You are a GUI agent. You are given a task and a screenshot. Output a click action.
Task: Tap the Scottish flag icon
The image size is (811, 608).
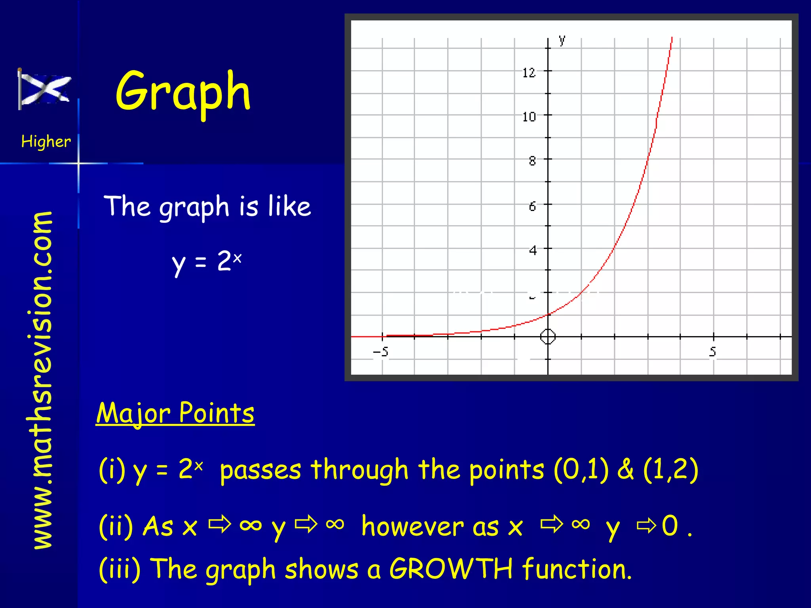(44, 89)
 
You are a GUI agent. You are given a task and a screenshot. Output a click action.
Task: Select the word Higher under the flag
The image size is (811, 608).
(46, 141)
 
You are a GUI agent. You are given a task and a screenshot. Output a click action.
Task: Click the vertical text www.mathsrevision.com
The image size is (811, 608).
(43, 380)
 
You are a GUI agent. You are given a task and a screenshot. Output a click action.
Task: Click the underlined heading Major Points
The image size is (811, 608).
(175, 413)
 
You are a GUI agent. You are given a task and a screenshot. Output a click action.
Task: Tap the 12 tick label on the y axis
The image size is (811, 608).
(529, 73)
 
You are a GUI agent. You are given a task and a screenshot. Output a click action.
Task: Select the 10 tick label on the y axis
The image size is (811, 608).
(529, 117)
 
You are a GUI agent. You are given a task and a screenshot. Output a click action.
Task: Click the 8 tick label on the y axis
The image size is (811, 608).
(532, 161)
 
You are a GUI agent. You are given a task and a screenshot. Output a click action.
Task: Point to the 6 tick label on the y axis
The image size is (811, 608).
(532, 206)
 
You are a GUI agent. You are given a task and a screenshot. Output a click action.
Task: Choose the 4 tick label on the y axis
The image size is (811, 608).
(533, 250)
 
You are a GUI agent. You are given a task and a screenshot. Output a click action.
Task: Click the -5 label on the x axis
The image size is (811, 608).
(381, 351)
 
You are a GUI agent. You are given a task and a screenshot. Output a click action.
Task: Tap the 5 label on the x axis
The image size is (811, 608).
(713, 351)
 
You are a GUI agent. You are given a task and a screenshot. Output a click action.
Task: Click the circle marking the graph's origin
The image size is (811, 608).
(548, 337)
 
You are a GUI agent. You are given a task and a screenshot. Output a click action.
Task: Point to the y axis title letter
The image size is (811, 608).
(562, 40)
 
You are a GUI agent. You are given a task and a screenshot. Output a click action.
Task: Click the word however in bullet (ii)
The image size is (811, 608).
(430, 526)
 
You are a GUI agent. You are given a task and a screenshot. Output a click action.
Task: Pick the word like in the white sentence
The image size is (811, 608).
(289, 206)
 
